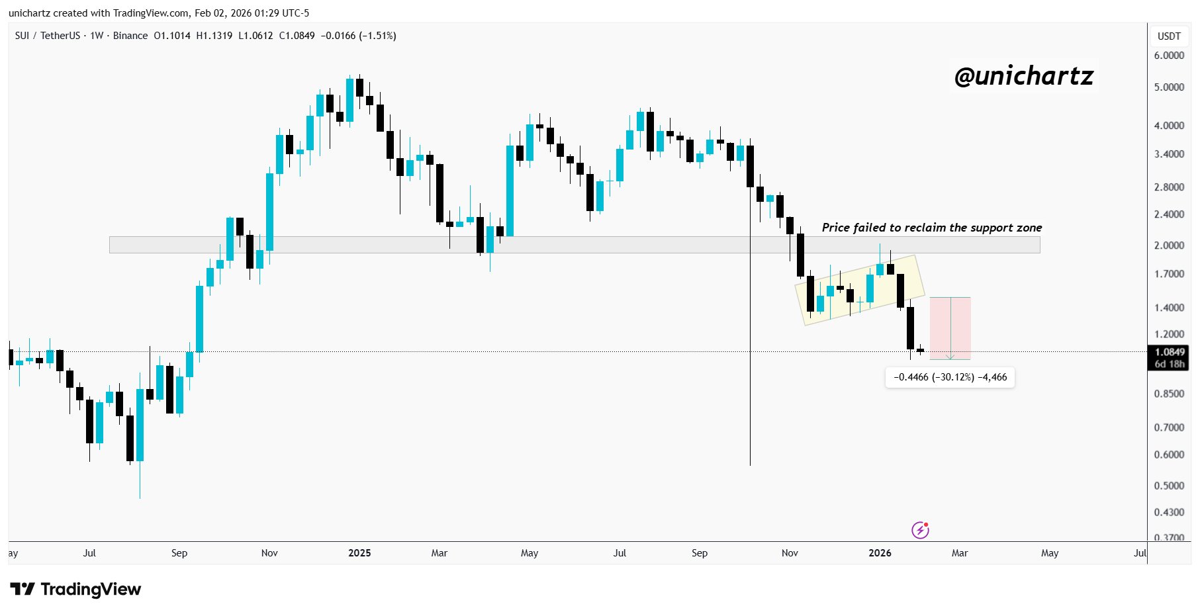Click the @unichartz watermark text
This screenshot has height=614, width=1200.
coord(1023,77)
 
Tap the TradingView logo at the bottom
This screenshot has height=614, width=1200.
coord(75,589)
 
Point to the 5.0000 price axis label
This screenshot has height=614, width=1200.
coord(1169,87)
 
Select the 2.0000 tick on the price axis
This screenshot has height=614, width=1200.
coord(1169,245)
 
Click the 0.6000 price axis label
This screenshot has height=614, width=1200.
coord(1169,455)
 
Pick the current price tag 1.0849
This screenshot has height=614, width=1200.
coord(1169,352)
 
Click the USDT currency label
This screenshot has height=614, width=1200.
coord(1169,36)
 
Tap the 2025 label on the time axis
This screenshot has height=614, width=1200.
coord(359,553)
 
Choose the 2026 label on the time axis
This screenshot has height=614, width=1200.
coord(880,553)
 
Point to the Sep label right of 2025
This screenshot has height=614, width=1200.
coord(700,553)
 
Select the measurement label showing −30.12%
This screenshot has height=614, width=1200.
coord(950,377)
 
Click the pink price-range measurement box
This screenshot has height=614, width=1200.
coord(950,328)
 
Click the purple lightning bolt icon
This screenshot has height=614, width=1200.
coord(920,530)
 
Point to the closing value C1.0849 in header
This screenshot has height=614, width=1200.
coord(297,36)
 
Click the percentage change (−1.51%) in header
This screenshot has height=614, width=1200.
coord(377,36)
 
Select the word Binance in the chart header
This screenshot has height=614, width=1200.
coord(130,36)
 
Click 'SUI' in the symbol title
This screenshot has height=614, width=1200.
coord(22,36)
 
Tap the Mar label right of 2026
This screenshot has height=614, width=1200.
coord(960,553)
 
